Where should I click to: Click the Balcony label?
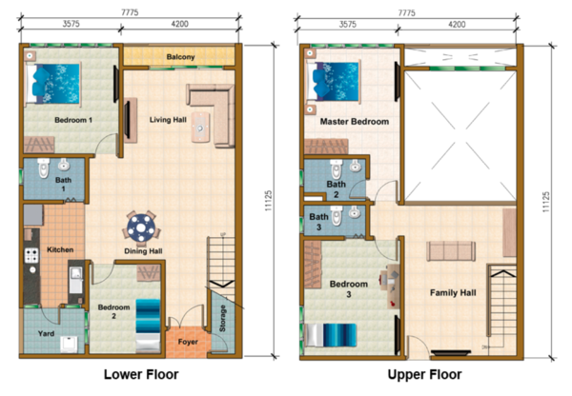[180, 57]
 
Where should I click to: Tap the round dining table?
[141, 228]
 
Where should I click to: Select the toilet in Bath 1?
[44, 168]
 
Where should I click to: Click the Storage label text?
[222, 318]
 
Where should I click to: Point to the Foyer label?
[188, 342]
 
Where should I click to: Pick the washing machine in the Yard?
[69, 345]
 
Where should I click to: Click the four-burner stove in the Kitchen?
[31, 255]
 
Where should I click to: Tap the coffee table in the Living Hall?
[200, 128]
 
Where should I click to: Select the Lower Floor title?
[141, 374]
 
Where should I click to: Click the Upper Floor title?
[424, 374]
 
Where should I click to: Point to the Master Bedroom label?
[355, 122]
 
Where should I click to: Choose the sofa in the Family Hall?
[451, 250]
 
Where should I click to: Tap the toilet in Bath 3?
[337, 216]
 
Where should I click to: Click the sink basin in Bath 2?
[356, 166]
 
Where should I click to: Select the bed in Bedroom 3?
[331, 335]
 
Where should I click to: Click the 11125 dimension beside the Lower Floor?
[268, 201]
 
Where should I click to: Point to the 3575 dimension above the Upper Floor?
[348, 25]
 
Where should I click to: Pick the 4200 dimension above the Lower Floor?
[180, 24]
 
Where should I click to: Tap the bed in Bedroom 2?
[148, 326]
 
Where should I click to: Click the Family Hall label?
[453, 293]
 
